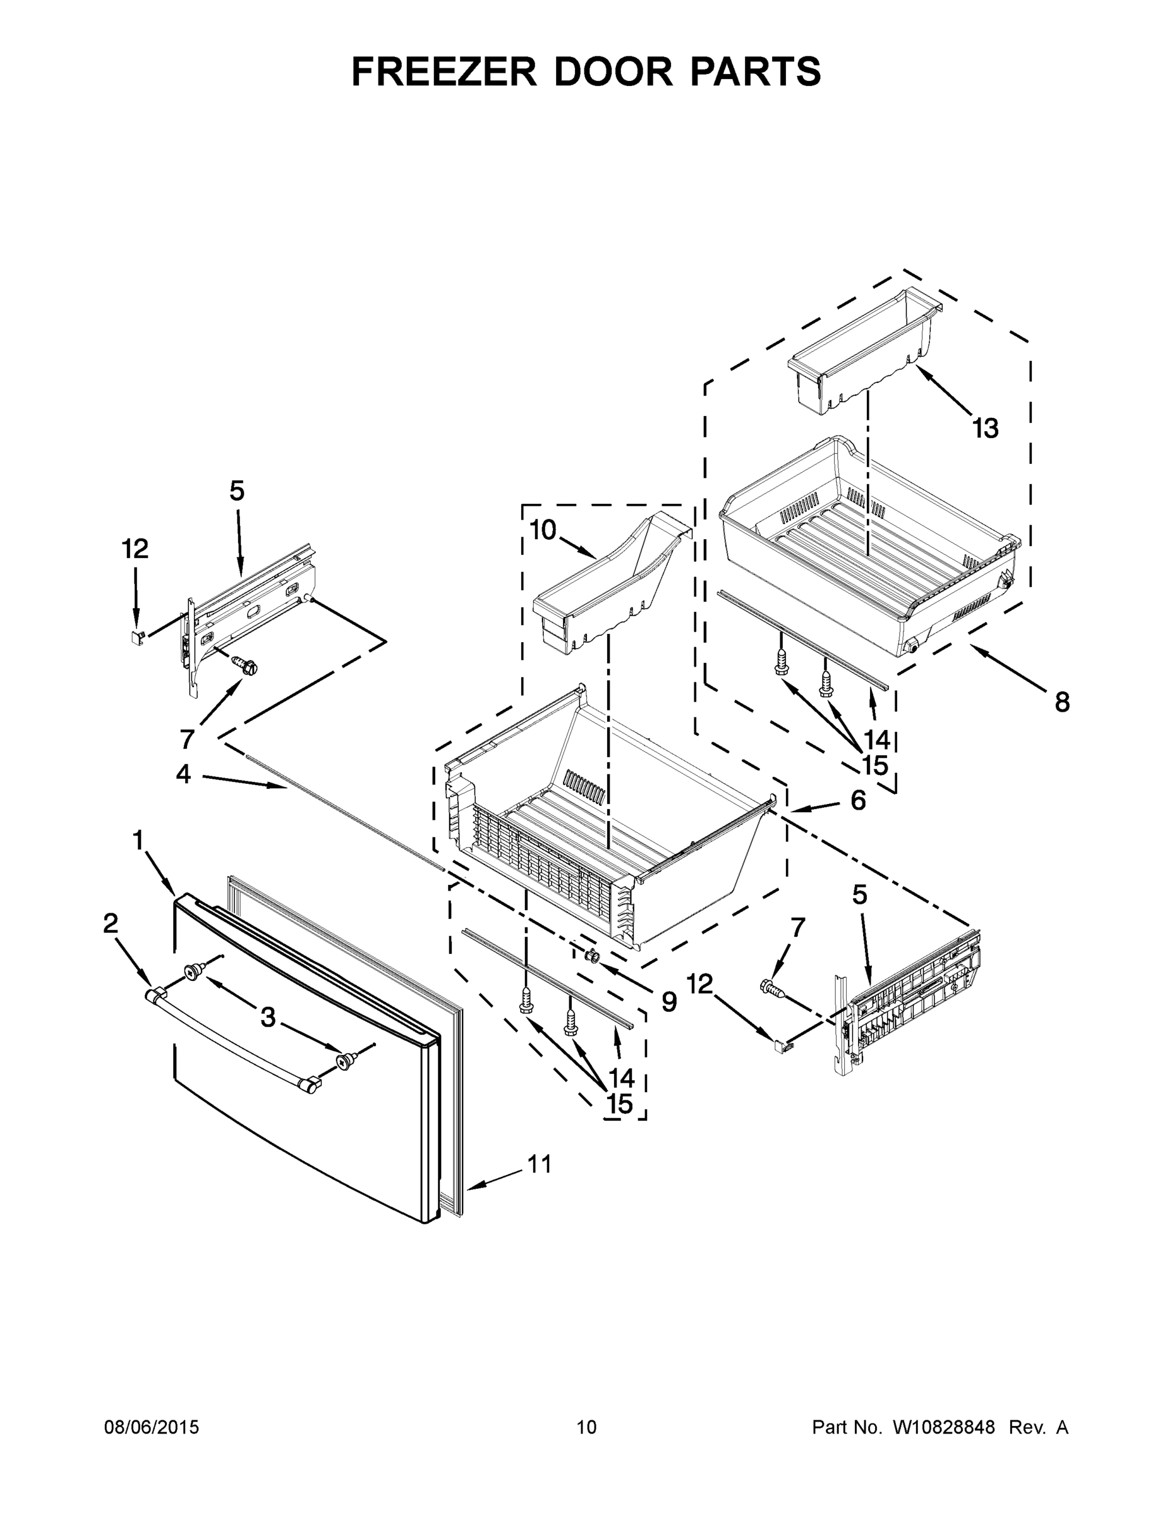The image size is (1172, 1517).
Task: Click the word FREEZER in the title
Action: point(444,71)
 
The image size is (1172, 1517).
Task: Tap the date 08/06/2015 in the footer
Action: point(152,1427)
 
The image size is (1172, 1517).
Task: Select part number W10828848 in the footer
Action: point(943,1427)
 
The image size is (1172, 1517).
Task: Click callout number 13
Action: point(985,429)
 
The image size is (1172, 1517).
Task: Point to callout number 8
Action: point(1062,703)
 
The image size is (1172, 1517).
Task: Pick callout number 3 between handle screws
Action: point(268,1018)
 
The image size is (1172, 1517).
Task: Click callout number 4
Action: point(183,774)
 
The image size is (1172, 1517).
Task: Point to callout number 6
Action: point(858,800)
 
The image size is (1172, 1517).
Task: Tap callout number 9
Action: point(668,1001)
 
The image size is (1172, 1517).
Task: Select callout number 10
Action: point(543,530)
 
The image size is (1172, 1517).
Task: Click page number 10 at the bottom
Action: point(587,1427)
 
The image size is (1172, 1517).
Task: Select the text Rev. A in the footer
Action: point(1038,1427)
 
